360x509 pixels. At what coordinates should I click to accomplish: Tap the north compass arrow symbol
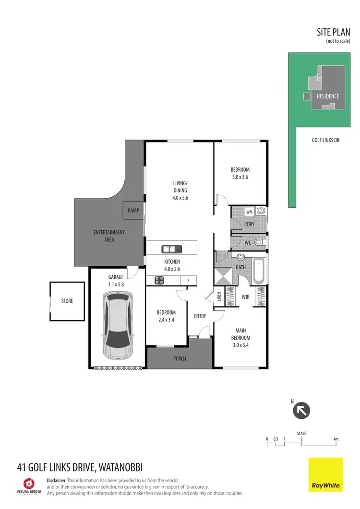(302, 410)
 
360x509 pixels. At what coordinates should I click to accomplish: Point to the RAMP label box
(133, 210)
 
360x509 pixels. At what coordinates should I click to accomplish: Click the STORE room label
(67, 301)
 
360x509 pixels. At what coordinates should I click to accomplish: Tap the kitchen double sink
(171, 249)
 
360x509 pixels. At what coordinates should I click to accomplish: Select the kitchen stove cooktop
(159, 281)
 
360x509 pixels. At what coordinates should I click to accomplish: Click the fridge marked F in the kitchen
(188, 281)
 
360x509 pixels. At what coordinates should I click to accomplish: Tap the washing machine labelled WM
(249, 212)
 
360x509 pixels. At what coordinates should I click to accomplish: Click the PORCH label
(179, 358)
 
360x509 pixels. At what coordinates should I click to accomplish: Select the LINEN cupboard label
(219, 297)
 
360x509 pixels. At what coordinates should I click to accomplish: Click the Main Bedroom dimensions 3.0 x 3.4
(240, 344)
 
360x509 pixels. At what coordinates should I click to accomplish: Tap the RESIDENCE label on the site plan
(328, 96)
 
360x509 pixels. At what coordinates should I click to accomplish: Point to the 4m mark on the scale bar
(336, 439)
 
